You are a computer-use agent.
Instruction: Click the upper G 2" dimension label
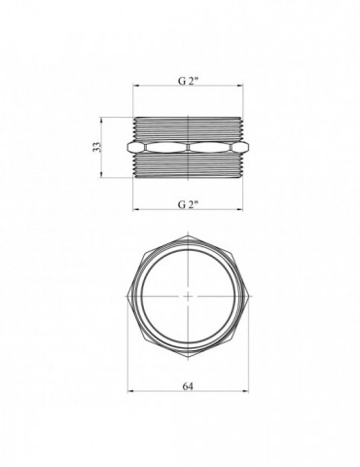[188, 81]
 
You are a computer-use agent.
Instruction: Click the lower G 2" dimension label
[188, 204]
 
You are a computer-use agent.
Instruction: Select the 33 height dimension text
[97, 147]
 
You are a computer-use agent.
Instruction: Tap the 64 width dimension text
[188, 386]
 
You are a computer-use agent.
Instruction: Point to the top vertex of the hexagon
[188, 234]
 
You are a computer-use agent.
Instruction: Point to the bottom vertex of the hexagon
[188, 358]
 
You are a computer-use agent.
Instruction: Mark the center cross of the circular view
[188, 296]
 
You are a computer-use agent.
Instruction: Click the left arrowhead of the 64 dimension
[130, 392]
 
